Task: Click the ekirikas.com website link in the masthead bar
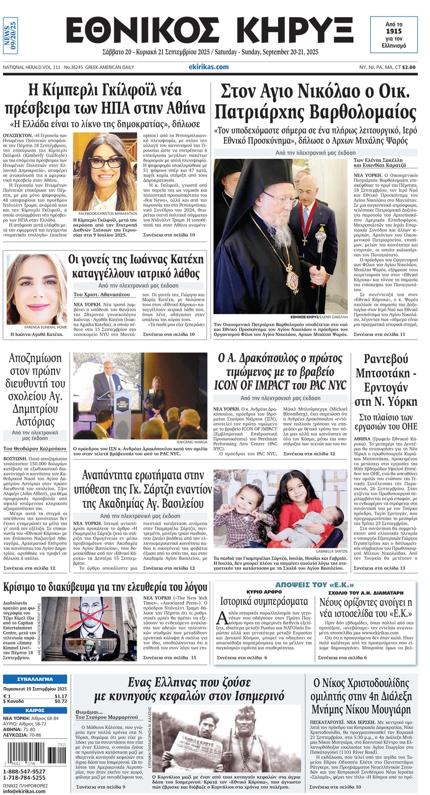208,67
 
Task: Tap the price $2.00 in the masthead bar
408,67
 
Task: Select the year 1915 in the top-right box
394,31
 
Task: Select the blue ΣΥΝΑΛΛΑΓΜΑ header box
35,679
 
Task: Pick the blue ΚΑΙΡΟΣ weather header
35,710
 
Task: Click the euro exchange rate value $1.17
60,696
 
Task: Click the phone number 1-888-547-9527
24,771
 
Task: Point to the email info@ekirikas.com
24,791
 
